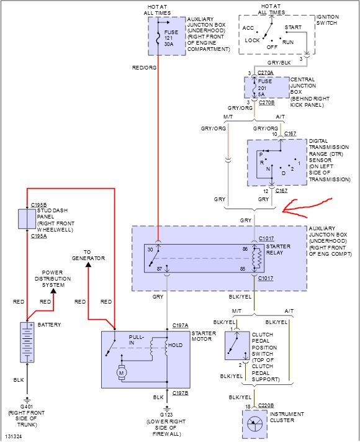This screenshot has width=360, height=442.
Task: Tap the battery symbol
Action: (27, 342)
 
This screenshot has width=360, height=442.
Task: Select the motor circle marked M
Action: (122, 373)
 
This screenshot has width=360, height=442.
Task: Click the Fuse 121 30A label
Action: (169, 38)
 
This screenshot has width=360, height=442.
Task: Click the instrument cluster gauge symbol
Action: (254, 423)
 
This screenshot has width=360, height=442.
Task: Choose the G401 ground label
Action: (27, 407)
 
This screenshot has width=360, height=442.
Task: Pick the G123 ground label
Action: (166, 415)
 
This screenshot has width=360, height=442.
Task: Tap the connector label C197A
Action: (180, 325)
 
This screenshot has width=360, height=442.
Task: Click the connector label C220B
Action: (266, 405)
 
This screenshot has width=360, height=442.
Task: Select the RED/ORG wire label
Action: (144, 68)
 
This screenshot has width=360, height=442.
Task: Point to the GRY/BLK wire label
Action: (279, 63)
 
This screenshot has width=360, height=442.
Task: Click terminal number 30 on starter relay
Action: (150, 250)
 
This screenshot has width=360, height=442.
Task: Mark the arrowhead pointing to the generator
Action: (88, 264)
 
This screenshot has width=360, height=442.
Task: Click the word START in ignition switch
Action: (293, 27)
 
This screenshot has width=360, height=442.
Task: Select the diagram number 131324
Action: (13, 436)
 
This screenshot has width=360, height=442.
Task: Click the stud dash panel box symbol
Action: (27, 219)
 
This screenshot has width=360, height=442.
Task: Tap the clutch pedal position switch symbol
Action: (237, 346)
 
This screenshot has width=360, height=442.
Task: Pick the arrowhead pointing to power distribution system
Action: (53, 291)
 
